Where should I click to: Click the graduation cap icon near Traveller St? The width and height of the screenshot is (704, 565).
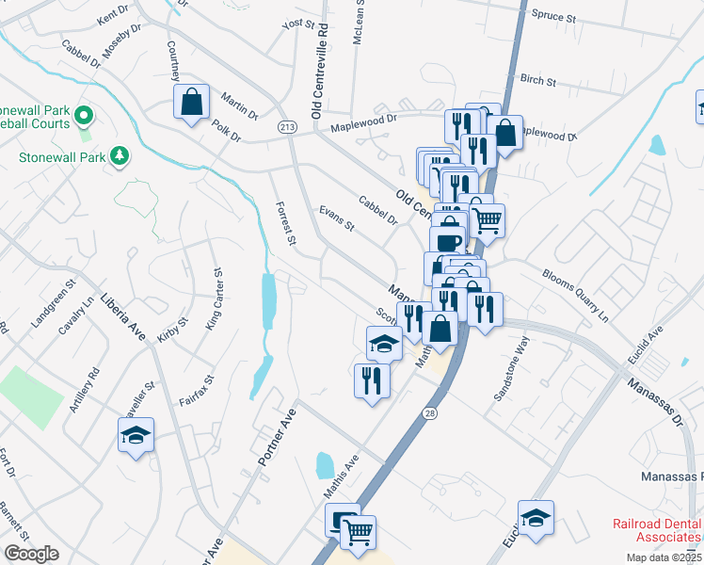136,435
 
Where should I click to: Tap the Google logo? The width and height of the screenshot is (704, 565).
31,553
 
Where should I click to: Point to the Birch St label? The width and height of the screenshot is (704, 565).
538,80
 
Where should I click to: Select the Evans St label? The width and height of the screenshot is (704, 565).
336,219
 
